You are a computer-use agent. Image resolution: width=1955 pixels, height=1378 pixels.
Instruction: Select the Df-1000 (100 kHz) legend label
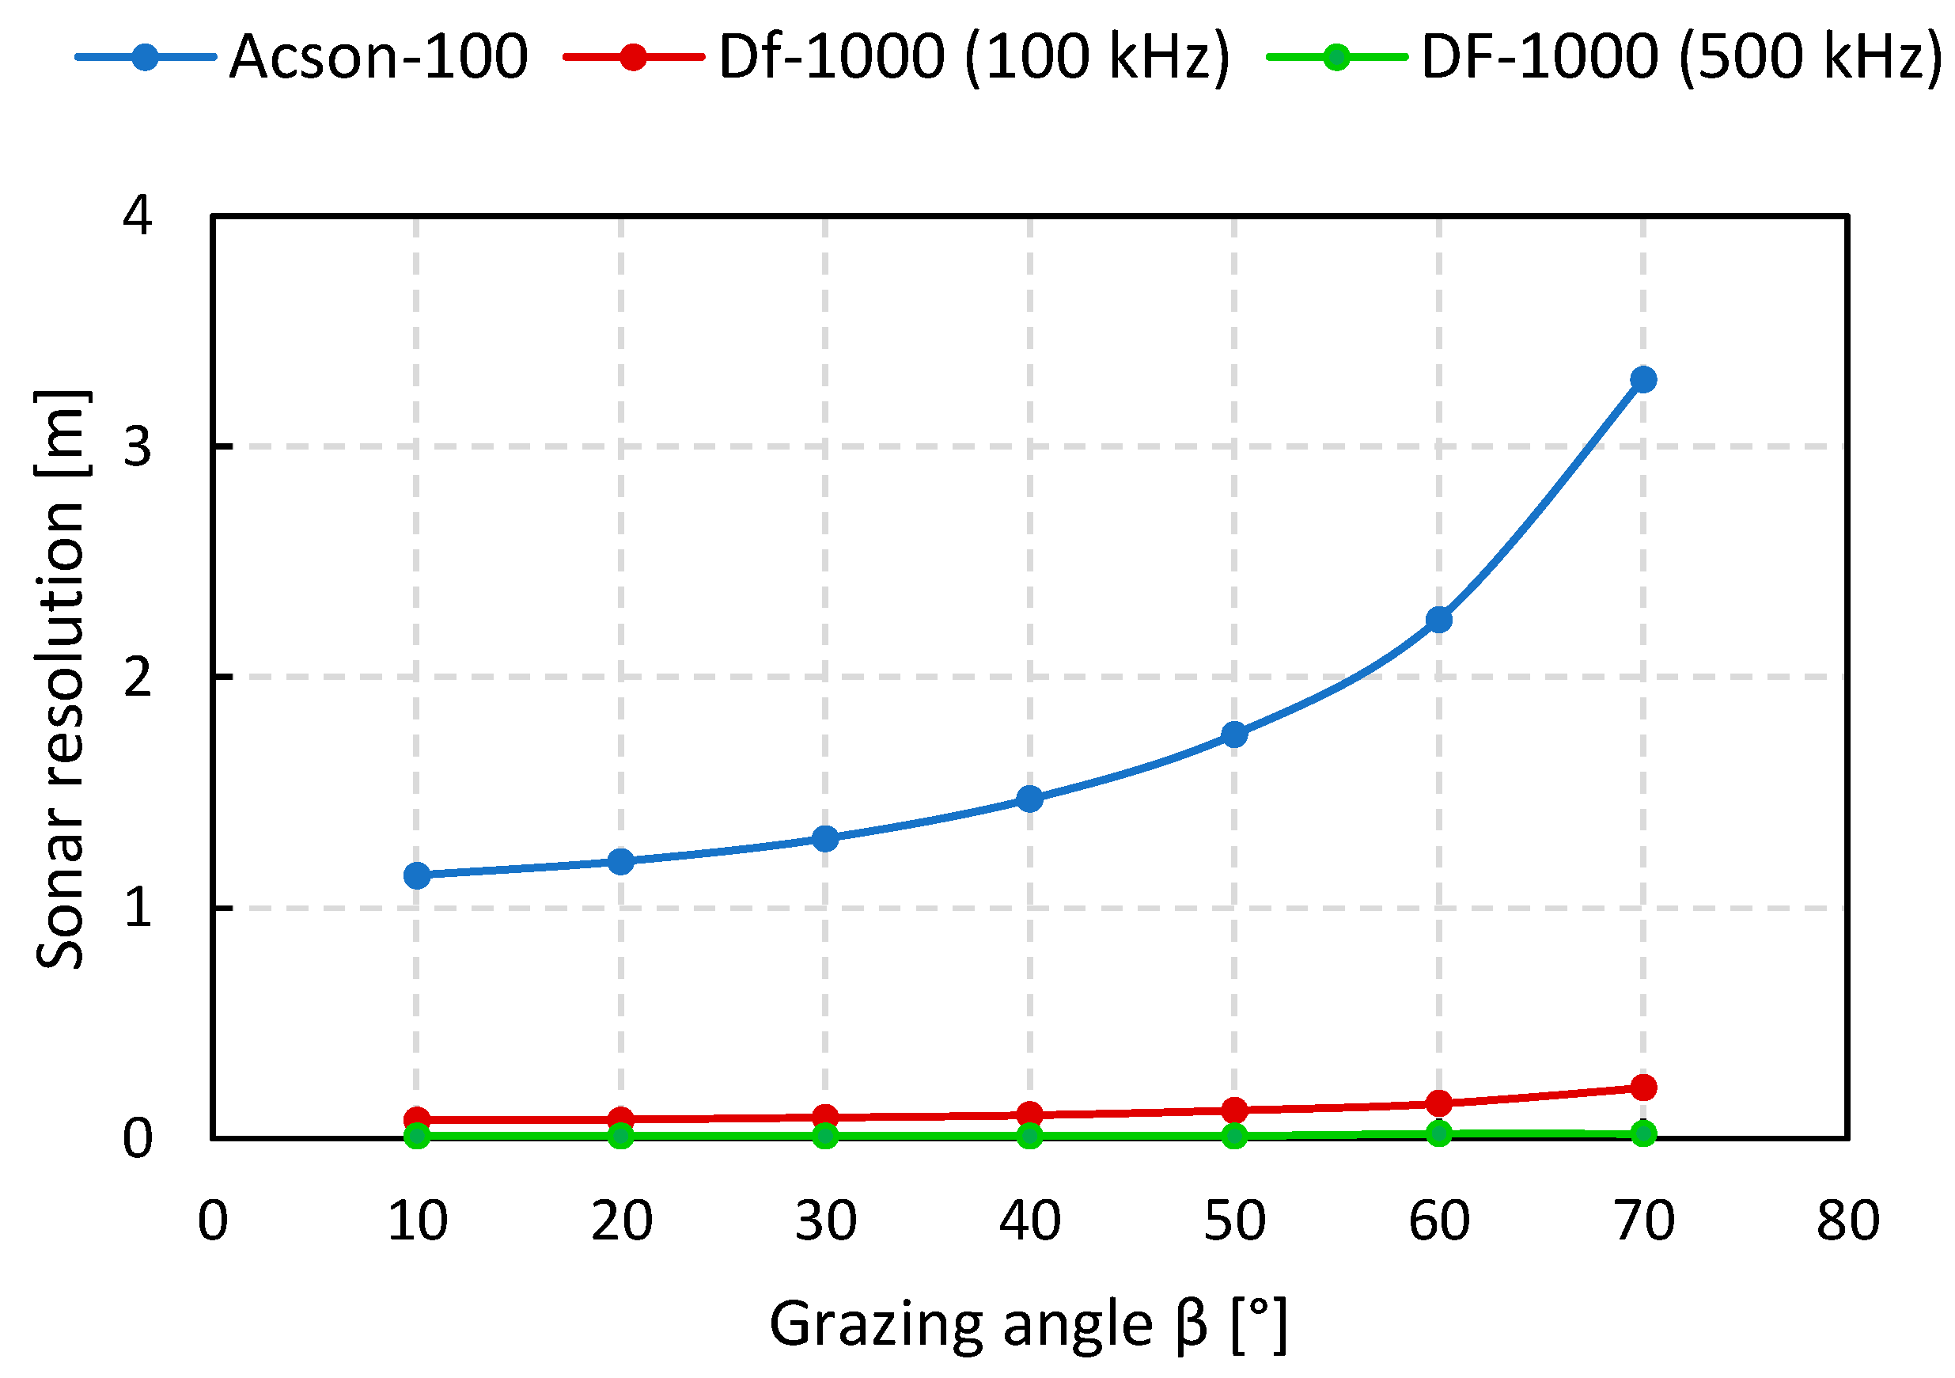pos(974,57)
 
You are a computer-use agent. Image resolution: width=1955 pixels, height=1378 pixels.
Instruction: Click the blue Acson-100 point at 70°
pos(1643,379)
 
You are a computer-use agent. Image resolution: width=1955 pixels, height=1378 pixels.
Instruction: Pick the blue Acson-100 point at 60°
pos(1439,619)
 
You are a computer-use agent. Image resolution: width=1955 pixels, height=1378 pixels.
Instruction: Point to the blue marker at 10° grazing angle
pos(417,875)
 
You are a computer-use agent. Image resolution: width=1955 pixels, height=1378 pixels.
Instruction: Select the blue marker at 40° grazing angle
pos(1030,798)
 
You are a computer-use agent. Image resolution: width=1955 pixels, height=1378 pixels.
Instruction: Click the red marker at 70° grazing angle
pos(1643,1088)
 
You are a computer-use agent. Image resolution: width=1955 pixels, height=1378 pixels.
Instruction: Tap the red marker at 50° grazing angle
pos(1235,1110)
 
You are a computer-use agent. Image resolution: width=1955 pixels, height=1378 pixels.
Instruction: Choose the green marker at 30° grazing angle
pos(825,1135)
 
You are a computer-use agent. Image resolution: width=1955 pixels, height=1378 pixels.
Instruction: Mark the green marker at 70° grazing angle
pos(1643,1133)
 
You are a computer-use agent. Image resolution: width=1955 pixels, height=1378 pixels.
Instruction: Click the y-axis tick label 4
pos(137,214)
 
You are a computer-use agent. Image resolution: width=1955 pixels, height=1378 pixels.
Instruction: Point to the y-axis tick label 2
pos(137,677)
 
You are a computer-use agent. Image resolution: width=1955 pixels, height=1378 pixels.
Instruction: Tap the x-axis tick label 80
pos(1847,1221)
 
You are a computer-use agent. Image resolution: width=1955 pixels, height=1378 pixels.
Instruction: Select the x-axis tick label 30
pos(825,1221)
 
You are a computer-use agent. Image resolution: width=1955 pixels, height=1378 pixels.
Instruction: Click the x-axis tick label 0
pos(213,1221)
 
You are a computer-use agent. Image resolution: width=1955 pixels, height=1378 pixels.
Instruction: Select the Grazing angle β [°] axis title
pos(1029,1323)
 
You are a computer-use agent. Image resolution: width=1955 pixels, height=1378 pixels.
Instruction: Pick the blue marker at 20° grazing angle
pos(622,861)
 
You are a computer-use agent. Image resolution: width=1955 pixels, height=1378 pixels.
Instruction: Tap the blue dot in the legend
pos(146,57)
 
